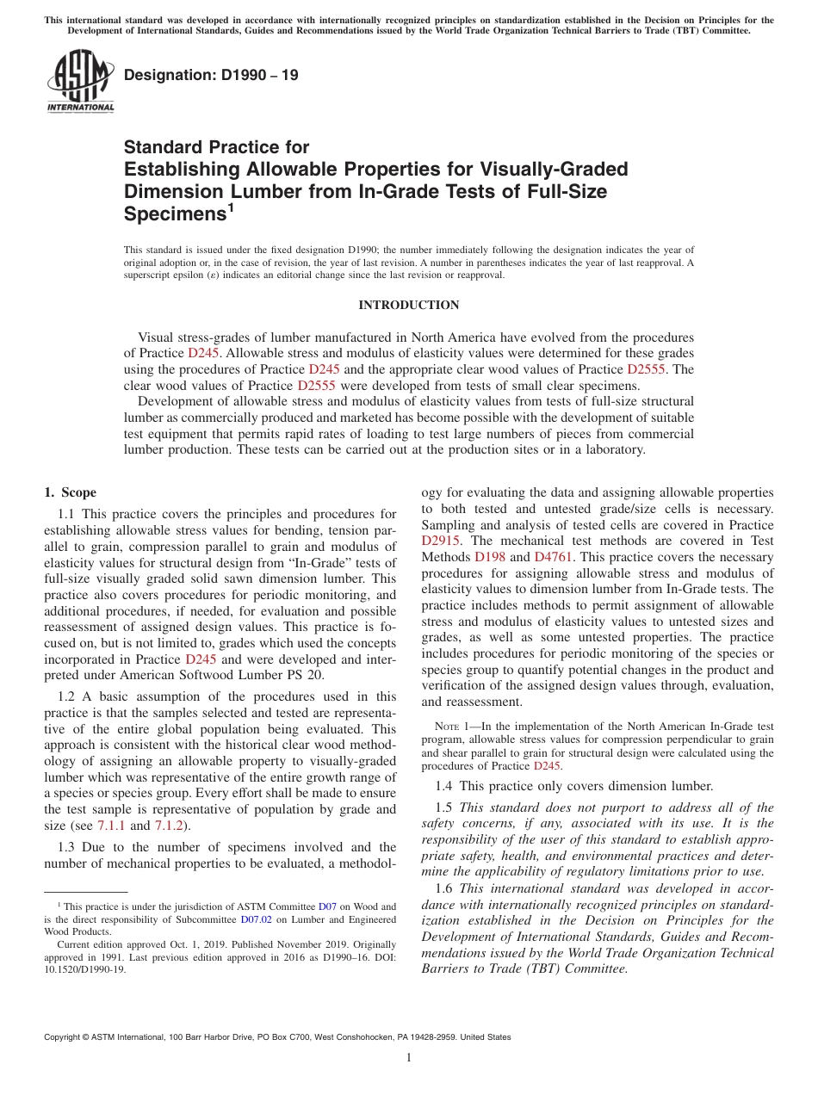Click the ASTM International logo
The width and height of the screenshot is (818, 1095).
[79, 80]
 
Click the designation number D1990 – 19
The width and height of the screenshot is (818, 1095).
[211, 75]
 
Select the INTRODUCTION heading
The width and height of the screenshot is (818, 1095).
[408, 305]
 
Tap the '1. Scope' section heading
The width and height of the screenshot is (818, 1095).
[70, 492]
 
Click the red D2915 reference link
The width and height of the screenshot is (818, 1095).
[442, 541]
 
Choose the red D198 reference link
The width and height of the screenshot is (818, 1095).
[490, 557]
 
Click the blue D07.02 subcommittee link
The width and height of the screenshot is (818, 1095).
[257, 919]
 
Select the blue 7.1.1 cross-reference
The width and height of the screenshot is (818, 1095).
[110, 826]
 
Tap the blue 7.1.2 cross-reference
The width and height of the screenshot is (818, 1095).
[167, 826]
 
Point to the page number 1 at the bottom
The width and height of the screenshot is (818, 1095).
[409, 1058]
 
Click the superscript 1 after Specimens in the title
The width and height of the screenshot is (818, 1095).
[230, 207]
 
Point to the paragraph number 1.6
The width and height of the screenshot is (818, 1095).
[443, 888]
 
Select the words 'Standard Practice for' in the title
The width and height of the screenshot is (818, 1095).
[216, 147]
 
